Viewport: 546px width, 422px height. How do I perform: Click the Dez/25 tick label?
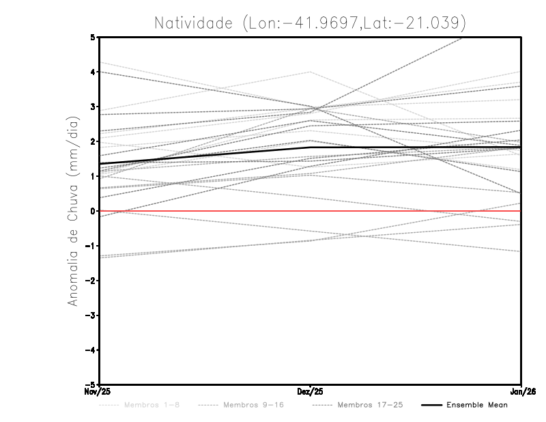coord(311,391)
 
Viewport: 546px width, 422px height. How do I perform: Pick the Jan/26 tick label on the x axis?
coord(521,391)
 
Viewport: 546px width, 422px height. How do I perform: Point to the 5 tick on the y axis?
coord(93,37)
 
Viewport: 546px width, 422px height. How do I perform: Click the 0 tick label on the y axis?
coord(93,211)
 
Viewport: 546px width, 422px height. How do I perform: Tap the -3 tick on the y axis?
coord(91,315)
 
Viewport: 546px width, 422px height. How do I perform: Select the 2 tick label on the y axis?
coord(93,141)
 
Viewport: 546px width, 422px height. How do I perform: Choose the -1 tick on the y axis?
coord(91,246)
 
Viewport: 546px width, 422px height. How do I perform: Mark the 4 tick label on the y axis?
coord(93,72)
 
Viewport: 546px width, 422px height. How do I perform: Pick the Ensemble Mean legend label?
coord(477,405)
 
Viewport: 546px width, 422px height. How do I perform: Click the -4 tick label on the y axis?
coord(91,350)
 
